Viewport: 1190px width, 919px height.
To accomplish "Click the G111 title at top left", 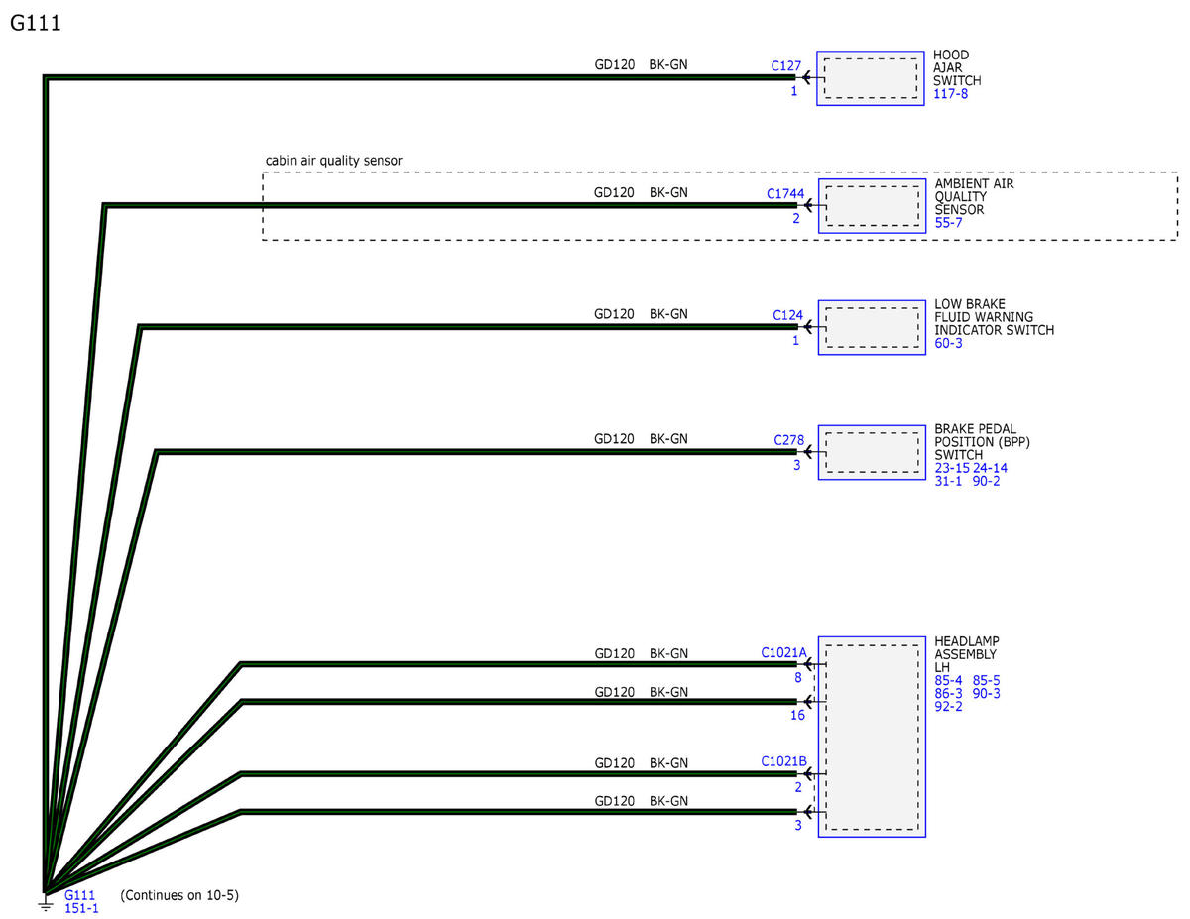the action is (35, 23).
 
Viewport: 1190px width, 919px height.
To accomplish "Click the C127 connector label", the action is (785, 66).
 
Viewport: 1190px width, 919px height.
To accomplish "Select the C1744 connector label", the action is (784, 193).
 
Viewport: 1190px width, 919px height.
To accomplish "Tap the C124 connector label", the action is (787, 315).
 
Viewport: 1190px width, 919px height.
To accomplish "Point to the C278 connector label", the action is (788, 440).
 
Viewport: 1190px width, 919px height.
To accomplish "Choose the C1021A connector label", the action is (783, 652).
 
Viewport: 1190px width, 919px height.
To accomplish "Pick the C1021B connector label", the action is (783, 761).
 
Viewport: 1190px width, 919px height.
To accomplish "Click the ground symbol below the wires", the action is (46, 904).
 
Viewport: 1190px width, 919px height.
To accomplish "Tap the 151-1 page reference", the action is (81, 908).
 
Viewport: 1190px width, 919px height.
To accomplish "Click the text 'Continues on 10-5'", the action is (179, 895).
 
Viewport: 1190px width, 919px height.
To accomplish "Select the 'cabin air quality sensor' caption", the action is (333, 161).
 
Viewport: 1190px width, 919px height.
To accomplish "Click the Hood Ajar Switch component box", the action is (870, 78).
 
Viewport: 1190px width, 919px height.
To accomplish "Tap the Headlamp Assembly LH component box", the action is (872, 737).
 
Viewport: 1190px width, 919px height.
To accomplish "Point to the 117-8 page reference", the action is (950, 93).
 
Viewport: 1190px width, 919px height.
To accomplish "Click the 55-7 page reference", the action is (948, 223).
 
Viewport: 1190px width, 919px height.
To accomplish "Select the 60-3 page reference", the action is (948, 343).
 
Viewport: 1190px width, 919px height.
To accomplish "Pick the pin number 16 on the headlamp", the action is (796, 715).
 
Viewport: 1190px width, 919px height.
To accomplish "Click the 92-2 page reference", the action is (948, 706).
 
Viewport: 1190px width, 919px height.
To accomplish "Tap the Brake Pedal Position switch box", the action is (872, 452).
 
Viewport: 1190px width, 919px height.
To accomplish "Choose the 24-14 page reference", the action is (990, 468).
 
